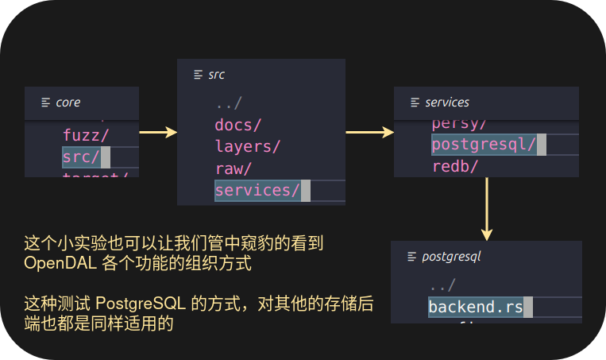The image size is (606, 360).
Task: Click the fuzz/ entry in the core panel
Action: [87, 135]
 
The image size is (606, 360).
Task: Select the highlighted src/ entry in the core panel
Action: [81, 157]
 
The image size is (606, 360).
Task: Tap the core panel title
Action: [68, 103]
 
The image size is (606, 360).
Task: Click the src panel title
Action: [216, 75]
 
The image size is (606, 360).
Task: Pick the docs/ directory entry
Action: [237, 125]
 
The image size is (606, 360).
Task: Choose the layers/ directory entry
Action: [247, 146]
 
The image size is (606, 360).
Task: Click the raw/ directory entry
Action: [233, 168]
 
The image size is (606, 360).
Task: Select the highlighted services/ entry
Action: [257, 191]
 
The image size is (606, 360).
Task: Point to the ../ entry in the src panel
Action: [228, 103]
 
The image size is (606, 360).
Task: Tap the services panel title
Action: [446, 103]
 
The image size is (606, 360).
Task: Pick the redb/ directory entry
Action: [454, 167]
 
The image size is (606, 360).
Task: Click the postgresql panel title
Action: [451, 257]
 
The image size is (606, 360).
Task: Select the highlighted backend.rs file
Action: [475, 308]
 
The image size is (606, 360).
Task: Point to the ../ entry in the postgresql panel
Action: [442, 286]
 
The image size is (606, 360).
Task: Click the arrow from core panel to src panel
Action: [158, 133]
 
